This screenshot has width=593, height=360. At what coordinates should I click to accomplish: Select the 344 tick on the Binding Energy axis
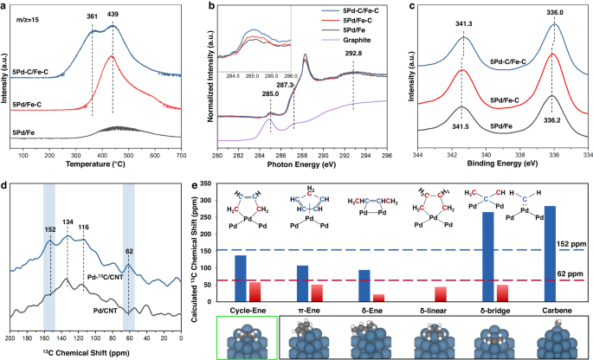[418, 156]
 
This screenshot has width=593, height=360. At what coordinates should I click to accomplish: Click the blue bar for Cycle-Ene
[240, 278]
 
